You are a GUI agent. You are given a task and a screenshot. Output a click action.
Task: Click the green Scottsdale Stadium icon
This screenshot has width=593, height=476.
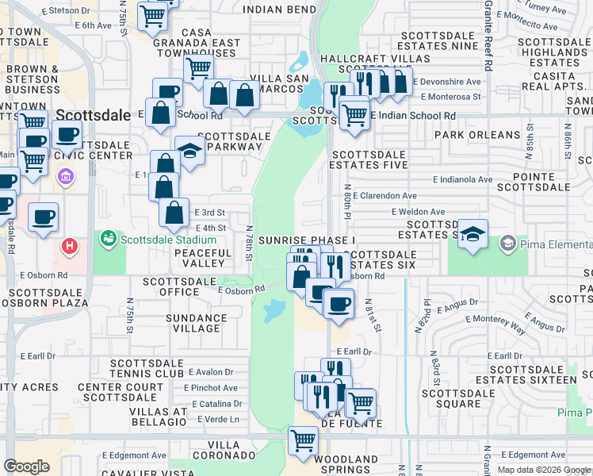point(106,238)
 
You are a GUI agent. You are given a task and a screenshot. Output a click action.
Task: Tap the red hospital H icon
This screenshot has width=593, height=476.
point(71,246)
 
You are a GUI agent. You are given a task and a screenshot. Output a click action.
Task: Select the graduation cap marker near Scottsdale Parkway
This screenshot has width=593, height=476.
point(189,151)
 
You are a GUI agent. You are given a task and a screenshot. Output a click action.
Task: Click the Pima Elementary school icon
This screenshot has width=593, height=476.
point(508,243)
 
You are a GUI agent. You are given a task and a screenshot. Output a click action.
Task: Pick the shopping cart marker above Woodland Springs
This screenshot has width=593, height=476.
point(303,440)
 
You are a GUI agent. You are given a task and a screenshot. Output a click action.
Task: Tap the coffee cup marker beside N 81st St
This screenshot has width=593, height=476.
point(339,304)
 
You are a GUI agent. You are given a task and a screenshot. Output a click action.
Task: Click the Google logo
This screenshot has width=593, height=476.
point(26,466)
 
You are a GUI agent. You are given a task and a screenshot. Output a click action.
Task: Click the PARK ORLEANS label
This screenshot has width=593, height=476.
point(476,135)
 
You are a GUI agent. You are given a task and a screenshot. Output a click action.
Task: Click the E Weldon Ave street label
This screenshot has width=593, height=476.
point(418,212)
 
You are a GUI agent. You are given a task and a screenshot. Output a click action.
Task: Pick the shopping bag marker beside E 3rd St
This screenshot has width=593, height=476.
point(174,213)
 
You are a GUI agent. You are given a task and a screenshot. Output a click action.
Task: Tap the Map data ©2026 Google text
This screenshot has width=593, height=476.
point(542,470)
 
